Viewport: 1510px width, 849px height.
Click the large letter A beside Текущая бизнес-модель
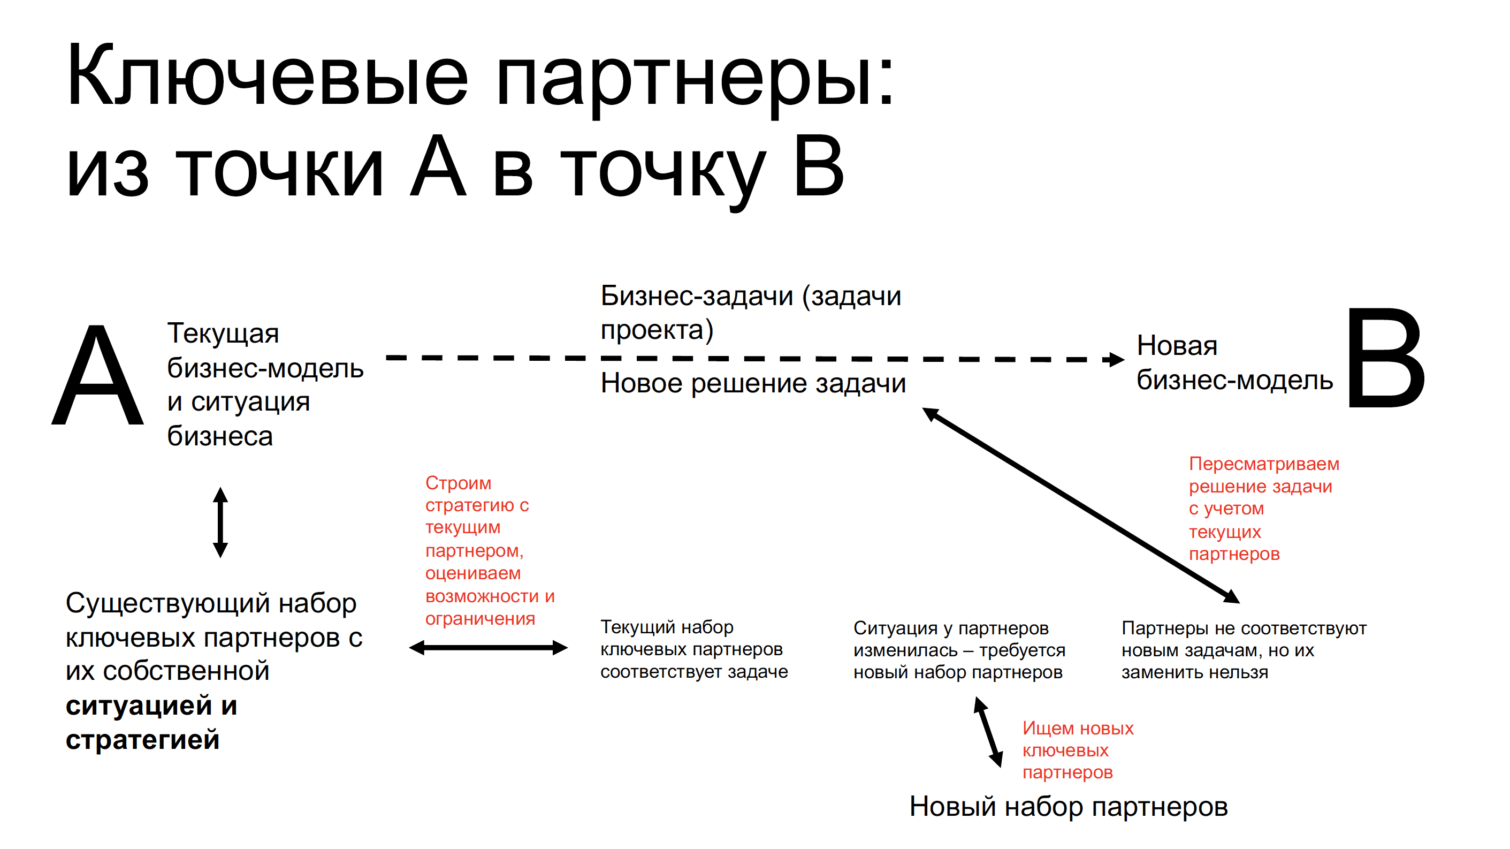click(x=98, y=375)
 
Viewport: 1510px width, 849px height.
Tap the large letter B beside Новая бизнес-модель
click(x=1386, y=359)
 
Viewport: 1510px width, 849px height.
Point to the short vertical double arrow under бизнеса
click(x=220, y=522)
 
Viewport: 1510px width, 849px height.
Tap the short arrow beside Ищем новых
click(x=988, y=731)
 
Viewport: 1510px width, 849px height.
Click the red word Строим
click(x=459, y=483)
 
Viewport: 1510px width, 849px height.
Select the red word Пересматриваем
click(x=1264, y=464)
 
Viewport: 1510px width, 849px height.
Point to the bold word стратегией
click(x=142, y=740)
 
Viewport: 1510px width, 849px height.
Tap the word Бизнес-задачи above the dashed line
click(x=696, y=296)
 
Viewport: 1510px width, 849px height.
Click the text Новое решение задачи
click(x=753, y=383)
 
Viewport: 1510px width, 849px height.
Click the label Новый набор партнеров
click(x=1068, y=807)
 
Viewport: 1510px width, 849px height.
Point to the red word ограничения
click(x=480, y=619)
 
